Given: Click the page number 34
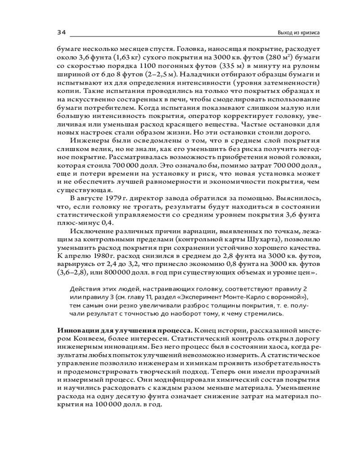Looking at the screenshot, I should [x=62, y=32].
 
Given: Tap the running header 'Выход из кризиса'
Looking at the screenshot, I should [x=299, y=33].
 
